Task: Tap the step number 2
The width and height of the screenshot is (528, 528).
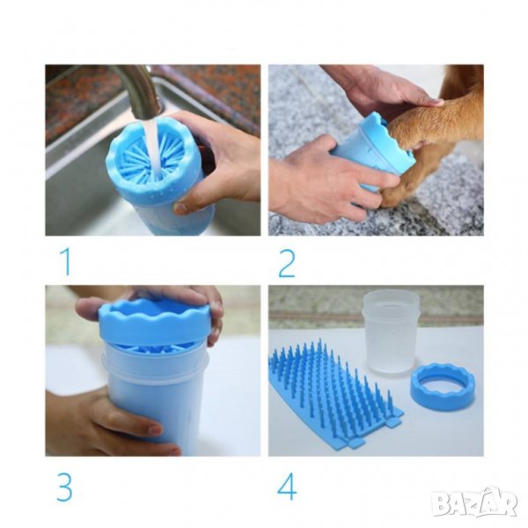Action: (287, 263)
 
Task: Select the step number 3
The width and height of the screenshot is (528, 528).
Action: (64, 488)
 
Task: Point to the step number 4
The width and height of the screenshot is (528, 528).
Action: (287, 488)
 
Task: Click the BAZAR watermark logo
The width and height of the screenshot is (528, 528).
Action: (475, 502)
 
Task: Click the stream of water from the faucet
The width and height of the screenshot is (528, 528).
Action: (154, 148)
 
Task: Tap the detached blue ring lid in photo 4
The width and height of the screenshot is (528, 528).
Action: (442, 386)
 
